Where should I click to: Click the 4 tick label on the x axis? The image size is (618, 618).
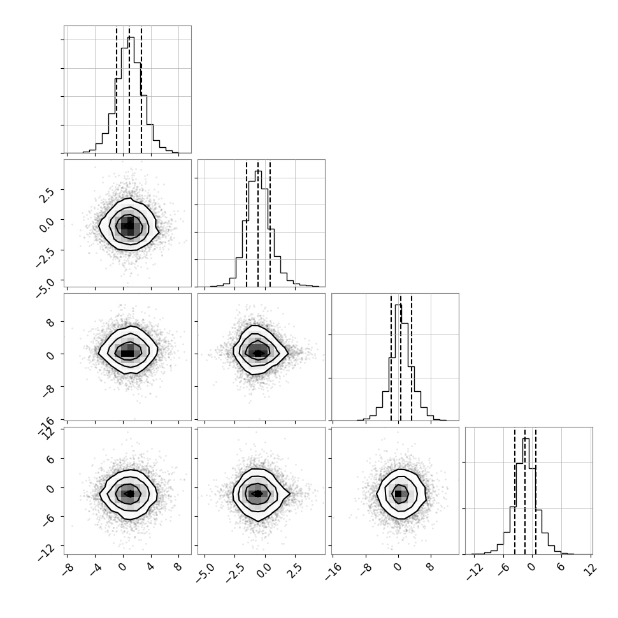150,567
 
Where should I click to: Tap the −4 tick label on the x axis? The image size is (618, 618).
96,569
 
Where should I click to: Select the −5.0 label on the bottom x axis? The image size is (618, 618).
205,573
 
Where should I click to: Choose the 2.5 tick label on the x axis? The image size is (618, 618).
296,570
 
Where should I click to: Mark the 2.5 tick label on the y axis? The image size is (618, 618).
45,195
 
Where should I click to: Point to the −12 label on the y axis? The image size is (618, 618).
47,552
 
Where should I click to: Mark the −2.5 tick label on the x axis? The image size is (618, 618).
235,573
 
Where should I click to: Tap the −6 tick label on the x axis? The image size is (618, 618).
504,569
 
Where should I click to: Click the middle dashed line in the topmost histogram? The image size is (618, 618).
129,90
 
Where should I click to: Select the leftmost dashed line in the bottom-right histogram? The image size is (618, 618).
515,492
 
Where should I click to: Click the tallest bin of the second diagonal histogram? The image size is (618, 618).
258,229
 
